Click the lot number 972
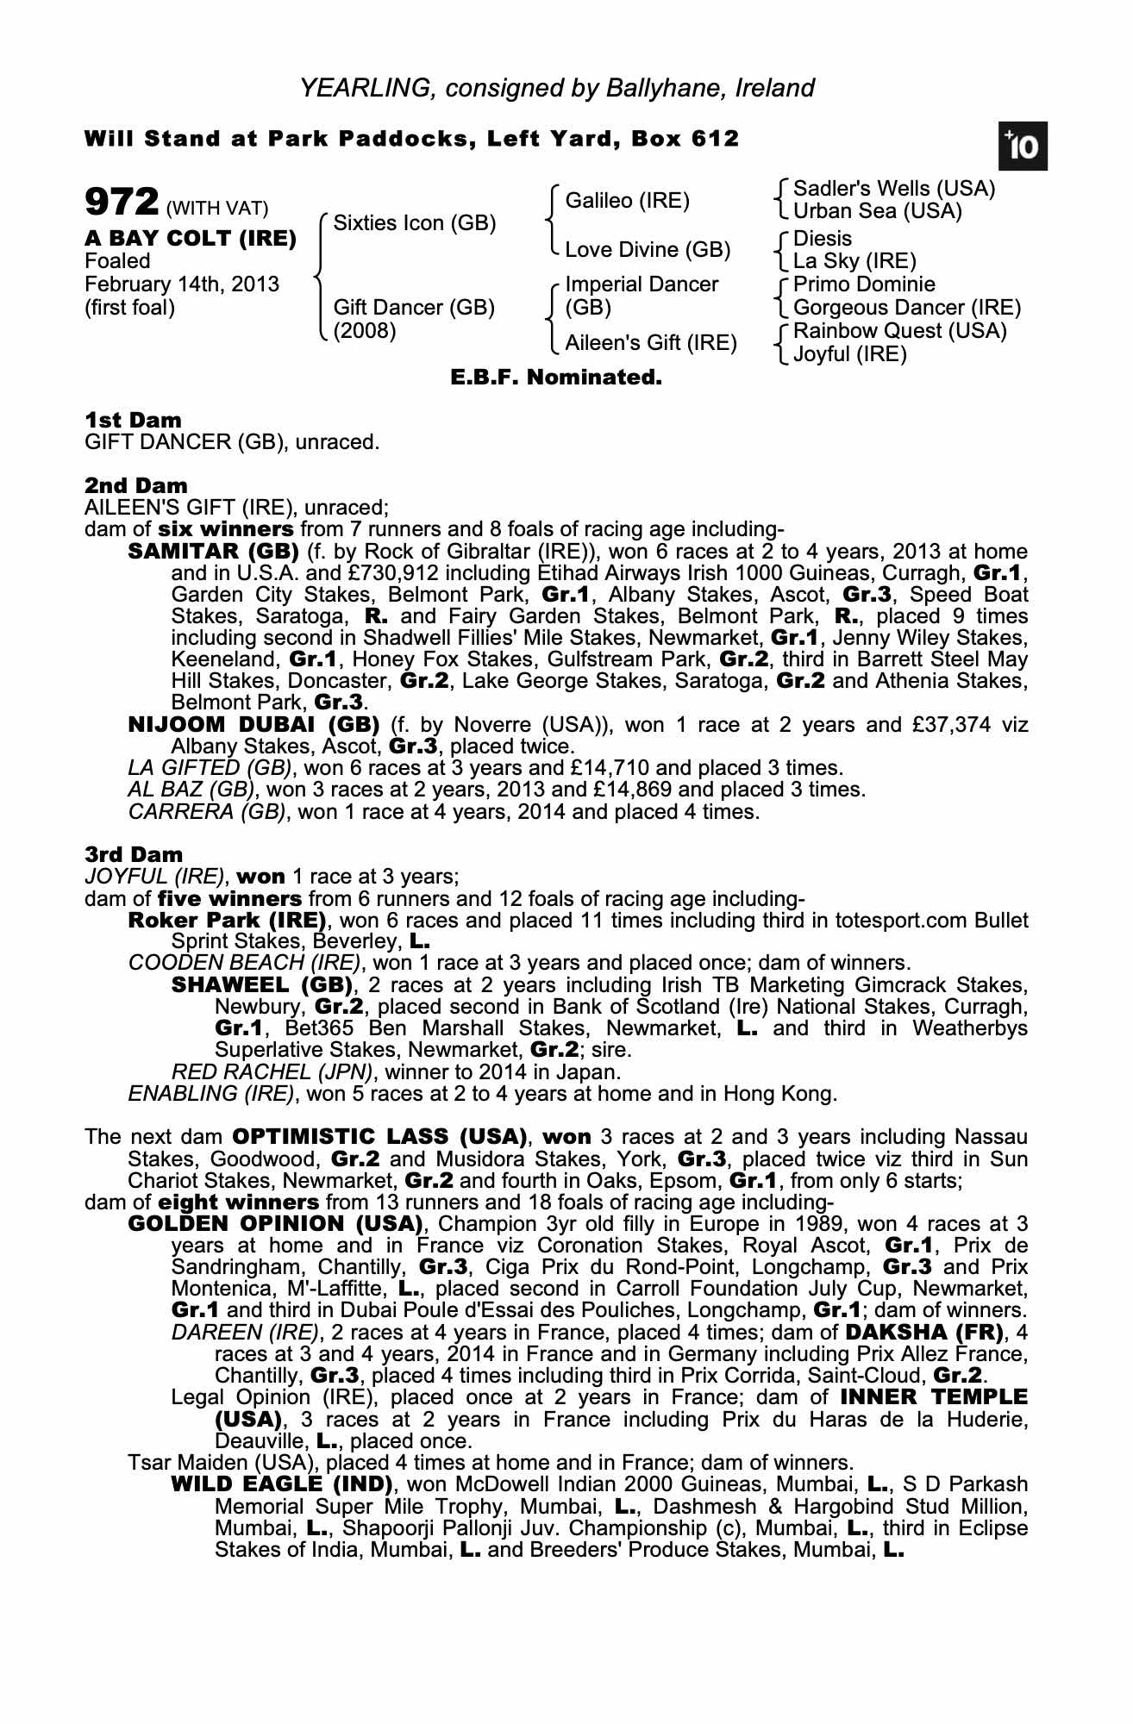coord(122,203)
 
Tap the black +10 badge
coord(1023,147)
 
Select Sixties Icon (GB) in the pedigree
coord(414,223)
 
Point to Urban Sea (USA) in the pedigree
coord(877,211)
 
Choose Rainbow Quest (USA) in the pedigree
coord(899,331)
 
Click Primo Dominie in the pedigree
coord(864,284)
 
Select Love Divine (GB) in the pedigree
coord(648,250)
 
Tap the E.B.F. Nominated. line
coord(556,378)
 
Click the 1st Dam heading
coord(133,421)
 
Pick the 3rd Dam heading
coord(134,855)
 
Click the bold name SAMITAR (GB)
coord(213,552)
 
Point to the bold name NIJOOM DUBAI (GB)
coord(254,724)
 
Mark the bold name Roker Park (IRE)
coord(227,921)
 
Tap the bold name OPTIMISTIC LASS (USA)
coord(379,1137)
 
